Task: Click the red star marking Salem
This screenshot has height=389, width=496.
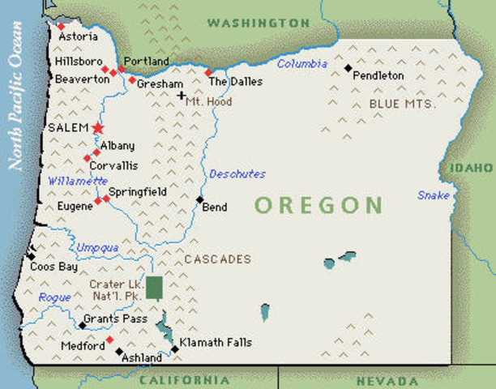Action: tap(98, 128)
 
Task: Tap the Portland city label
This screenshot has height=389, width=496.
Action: tap(146, 62)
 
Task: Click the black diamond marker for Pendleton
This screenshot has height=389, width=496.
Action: tap(348, 68)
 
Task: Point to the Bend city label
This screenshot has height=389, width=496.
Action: tap(215, 207)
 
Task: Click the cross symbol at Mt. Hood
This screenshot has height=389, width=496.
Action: tap(182, 96)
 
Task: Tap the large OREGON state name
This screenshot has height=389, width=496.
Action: tap(319, 205)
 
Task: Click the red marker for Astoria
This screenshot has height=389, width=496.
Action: tap(61, 27)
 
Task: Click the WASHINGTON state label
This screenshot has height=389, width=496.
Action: tap(259, 24)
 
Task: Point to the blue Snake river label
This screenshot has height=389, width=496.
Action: tap(434, 195)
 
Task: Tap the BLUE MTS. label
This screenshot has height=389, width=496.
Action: tap(403, 104)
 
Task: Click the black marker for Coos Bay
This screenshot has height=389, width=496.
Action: tap(32, 254)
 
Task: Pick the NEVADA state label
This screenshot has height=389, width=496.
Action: tap(387, 380)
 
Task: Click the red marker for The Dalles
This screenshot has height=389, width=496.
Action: tap(207, 73)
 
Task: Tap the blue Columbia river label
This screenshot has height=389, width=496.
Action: tap(301, 64)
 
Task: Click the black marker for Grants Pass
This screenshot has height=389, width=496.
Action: tap(82, 326)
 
